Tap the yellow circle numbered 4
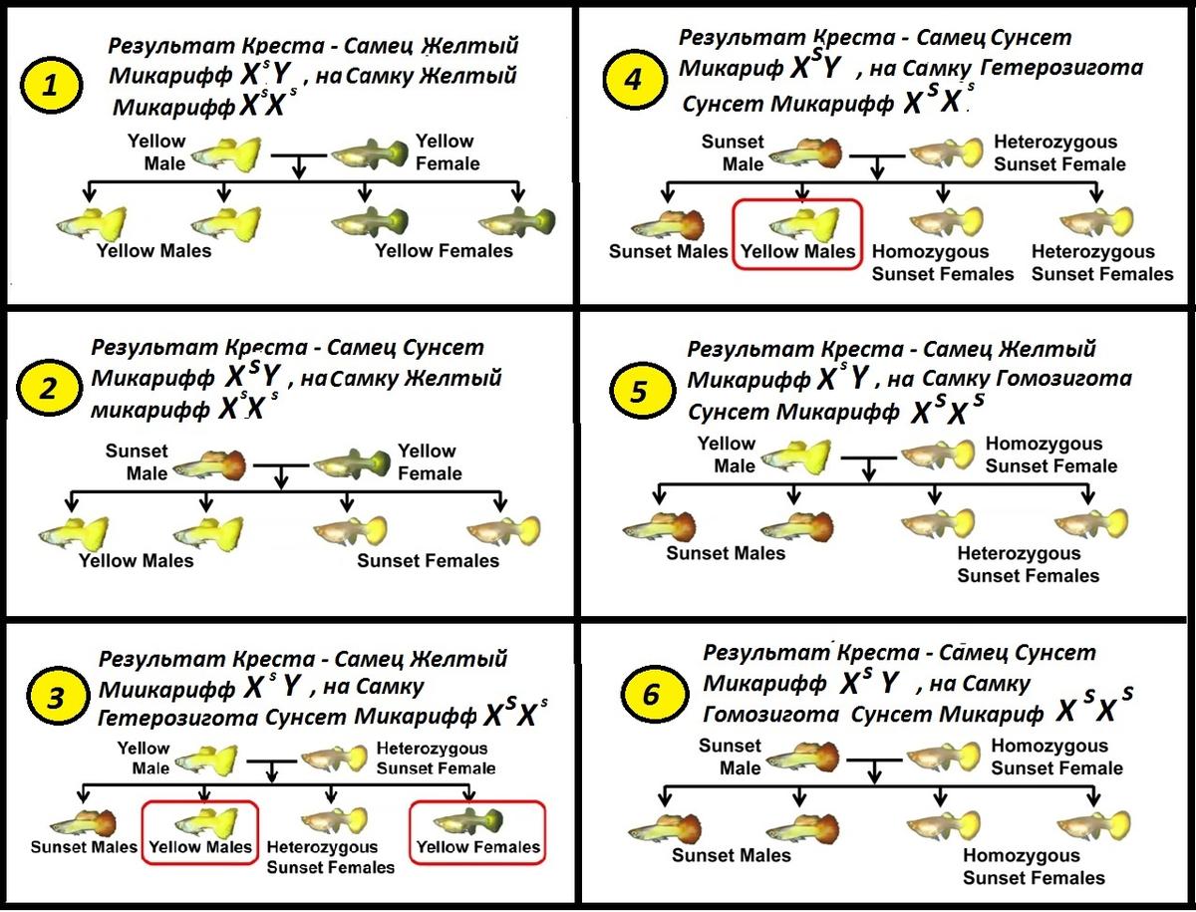(x=631, y=79)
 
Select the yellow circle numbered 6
(x=652, y=695)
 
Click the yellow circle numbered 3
(x=57, y=699)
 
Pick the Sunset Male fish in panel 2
(x=210, y=464)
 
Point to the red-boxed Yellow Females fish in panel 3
(x=470, y=822)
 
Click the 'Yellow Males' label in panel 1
(x=153, y=250)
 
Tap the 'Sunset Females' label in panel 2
(x=428, y=561)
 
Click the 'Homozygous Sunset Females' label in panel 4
(x=943, y=263)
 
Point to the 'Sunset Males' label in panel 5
(x=726, y=553)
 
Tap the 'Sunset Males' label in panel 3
(x=84, y=848)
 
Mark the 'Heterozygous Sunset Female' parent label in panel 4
(x=1059, y=153)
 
